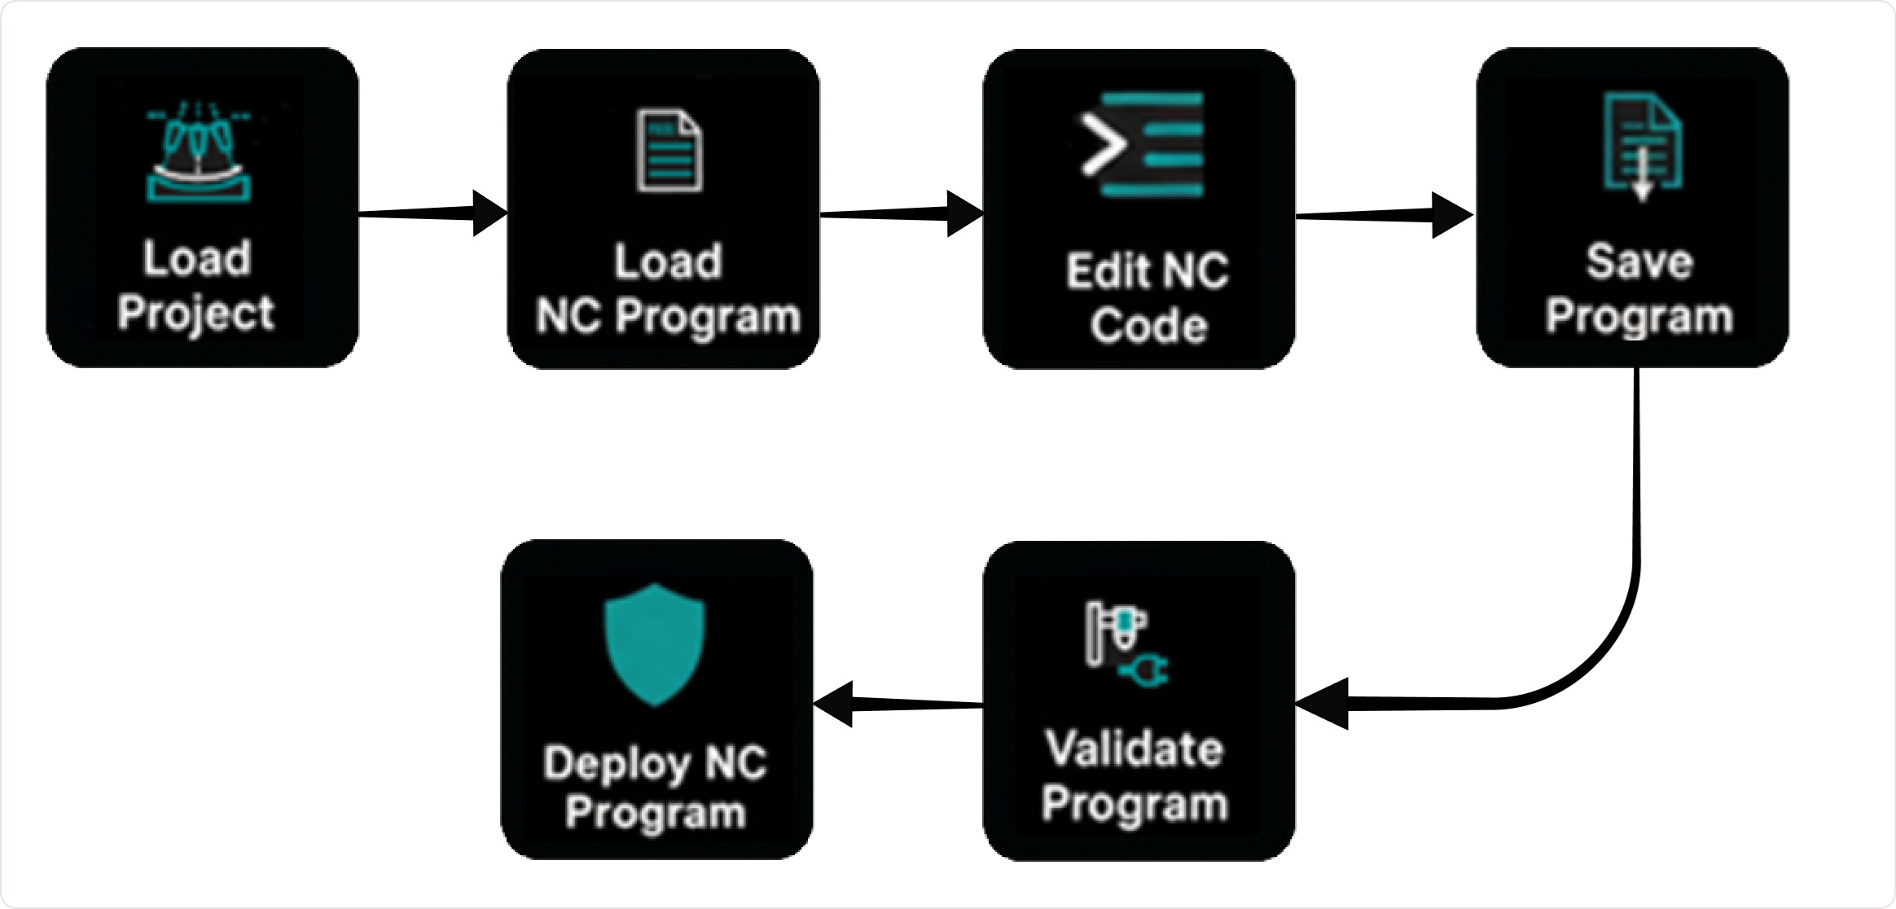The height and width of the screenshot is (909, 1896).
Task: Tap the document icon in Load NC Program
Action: point(669,151)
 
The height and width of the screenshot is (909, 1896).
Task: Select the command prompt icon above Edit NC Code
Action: point(1142,145)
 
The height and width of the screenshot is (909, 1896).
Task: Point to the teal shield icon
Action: point(655,643)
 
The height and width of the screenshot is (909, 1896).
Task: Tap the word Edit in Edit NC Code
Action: point(1102,270)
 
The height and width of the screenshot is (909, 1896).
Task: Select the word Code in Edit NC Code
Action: point(1148,326)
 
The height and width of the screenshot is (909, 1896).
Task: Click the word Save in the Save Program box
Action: point(1639,262)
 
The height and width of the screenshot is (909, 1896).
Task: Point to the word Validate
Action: point(1135,749)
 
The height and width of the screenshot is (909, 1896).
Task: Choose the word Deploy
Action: point(617,764)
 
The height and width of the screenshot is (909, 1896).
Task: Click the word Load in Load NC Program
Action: point(668,261)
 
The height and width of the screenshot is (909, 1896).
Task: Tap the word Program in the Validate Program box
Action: point(1135,804)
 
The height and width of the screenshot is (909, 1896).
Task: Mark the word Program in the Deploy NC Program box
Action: point(656,813)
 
